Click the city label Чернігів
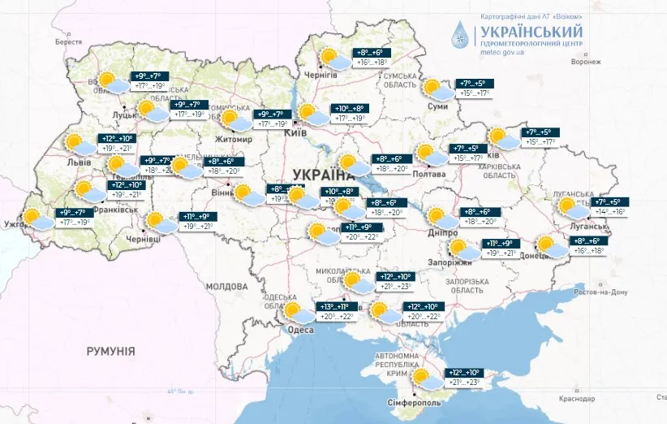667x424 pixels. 321,75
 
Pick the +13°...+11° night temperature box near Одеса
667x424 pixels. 337,306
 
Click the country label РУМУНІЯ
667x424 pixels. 110,350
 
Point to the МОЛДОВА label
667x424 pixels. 226,287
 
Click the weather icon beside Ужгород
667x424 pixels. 37,217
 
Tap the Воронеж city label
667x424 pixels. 586,62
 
